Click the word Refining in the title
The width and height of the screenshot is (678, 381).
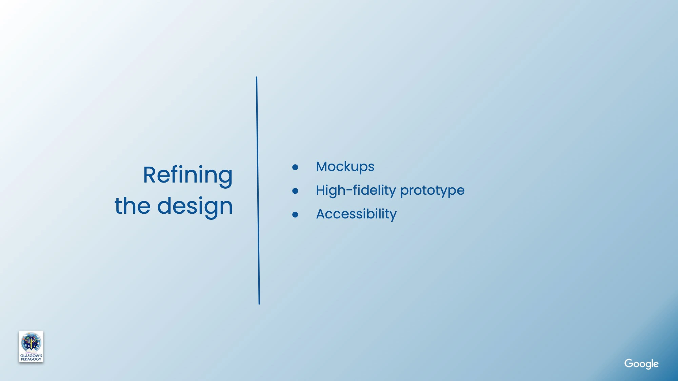pyautogui.click(x=188, y=175)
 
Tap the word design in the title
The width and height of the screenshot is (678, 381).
pyautogui.click(x=195, y=207)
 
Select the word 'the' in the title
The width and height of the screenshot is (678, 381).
pyautogui.click(x=132, y=205)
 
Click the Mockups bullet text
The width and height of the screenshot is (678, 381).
pyautogui.click(x=345, y=167)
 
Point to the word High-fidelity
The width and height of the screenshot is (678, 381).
pyautogui.click(x=356, y=191)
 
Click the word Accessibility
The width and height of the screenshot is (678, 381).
pyautogui.click(x=356, y=214)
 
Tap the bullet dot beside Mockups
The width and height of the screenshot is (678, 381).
pyautogui.click(x=295, y=167)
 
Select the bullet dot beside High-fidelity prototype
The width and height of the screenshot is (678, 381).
pyautogui.click(x=295, y=191)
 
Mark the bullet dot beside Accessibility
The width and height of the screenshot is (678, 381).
pyautogui.click(x=295, y=215)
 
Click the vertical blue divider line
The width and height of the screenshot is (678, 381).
pyautogui.click(x=258, y=190)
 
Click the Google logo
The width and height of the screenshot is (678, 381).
pyautogui.click(x=641, y=364)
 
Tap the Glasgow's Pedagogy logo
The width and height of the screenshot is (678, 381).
pyautogui.click(x=31, y=346)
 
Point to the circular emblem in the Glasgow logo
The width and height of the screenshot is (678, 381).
pyautogui.click(x=31, y=342)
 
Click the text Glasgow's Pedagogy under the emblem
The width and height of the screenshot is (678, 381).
pyautogui.click(x=31, y=357)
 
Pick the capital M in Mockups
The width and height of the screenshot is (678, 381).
pyautogui.click(x=323, y=167)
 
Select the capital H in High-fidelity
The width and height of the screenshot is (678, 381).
pyautogui.click(x=321, y=190)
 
